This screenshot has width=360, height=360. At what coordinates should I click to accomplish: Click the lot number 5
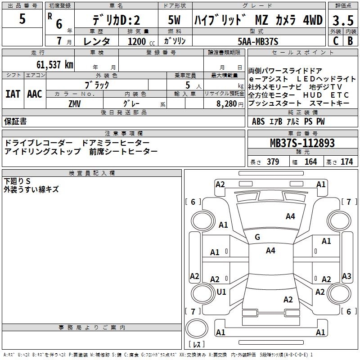[x=22, y=18]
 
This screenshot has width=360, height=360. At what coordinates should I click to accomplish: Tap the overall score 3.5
[x=343, y=20]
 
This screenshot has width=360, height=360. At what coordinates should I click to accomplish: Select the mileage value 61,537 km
[x=55, y=64]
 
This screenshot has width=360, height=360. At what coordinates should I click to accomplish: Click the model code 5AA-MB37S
[x=258, y=41]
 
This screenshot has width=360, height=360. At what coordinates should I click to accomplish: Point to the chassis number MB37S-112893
[x=302, y=143]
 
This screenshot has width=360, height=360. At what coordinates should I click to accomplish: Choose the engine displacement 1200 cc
[x=141, y=41]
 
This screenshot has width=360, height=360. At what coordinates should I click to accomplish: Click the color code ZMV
[x=75, y=104]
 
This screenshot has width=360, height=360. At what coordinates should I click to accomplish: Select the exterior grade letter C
[x=336, y=41]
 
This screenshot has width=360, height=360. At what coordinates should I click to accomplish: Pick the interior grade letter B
[x=351, y=41]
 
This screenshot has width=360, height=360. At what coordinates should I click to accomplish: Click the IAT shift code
[x=13, y=94]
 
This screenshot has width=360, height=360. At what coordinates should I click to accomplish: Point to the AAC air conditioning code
[x=35, y=94]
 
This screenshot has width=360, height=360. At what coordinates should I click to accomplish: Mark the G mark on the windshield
[x=257, y=237]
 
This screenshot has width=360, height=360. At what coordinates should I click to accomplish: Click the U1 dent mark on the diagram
[x=221, y=292]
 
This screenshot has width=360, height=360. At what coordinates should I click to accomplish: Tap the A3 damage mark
[x=346, y=276]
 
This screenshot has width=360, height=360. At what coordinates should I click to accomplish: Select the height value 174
[x=346, y=162]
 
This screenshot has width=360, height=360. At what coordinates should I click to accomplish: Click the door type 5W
[x=174, y=20]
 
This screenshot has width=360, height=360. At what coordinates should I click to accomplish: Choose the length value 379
[x=273, y=162]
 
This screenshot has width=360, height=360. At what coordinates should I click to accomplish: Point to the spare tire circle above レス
[x=197, y=328]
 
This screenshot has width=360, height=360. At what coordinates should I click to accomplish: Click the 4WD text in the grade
[x=313, y=20]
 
